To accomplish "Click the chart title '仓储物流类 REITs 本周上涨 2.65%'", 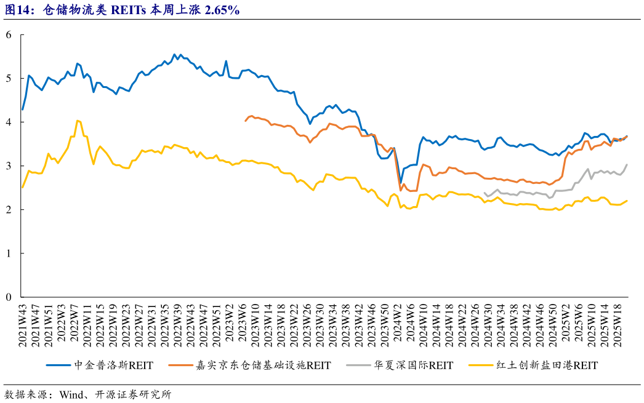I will (142, 10).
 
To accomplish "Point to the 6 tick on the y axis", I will (9, 35).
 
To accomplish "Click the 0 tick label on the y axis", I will (9, 297).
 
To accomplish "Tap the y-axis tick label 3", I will (9, 166).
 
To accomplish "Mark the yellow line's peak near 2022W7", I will (77, 121).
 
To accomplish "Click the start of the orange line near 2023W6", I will (246, 121).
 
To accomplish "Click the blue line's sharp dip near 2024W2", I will (400, 183).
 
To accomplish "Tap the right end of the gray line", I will (627, 164).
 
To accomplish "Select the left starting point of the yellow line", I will (22, 187).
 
